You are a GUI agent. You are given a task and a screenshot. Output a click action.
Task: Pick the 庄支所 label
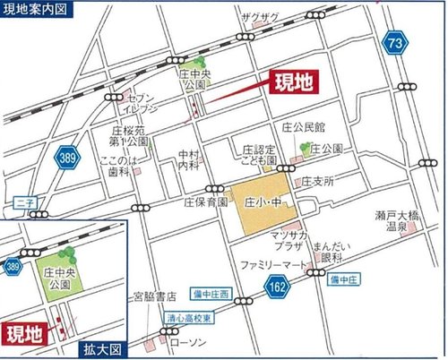point(318,182)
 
